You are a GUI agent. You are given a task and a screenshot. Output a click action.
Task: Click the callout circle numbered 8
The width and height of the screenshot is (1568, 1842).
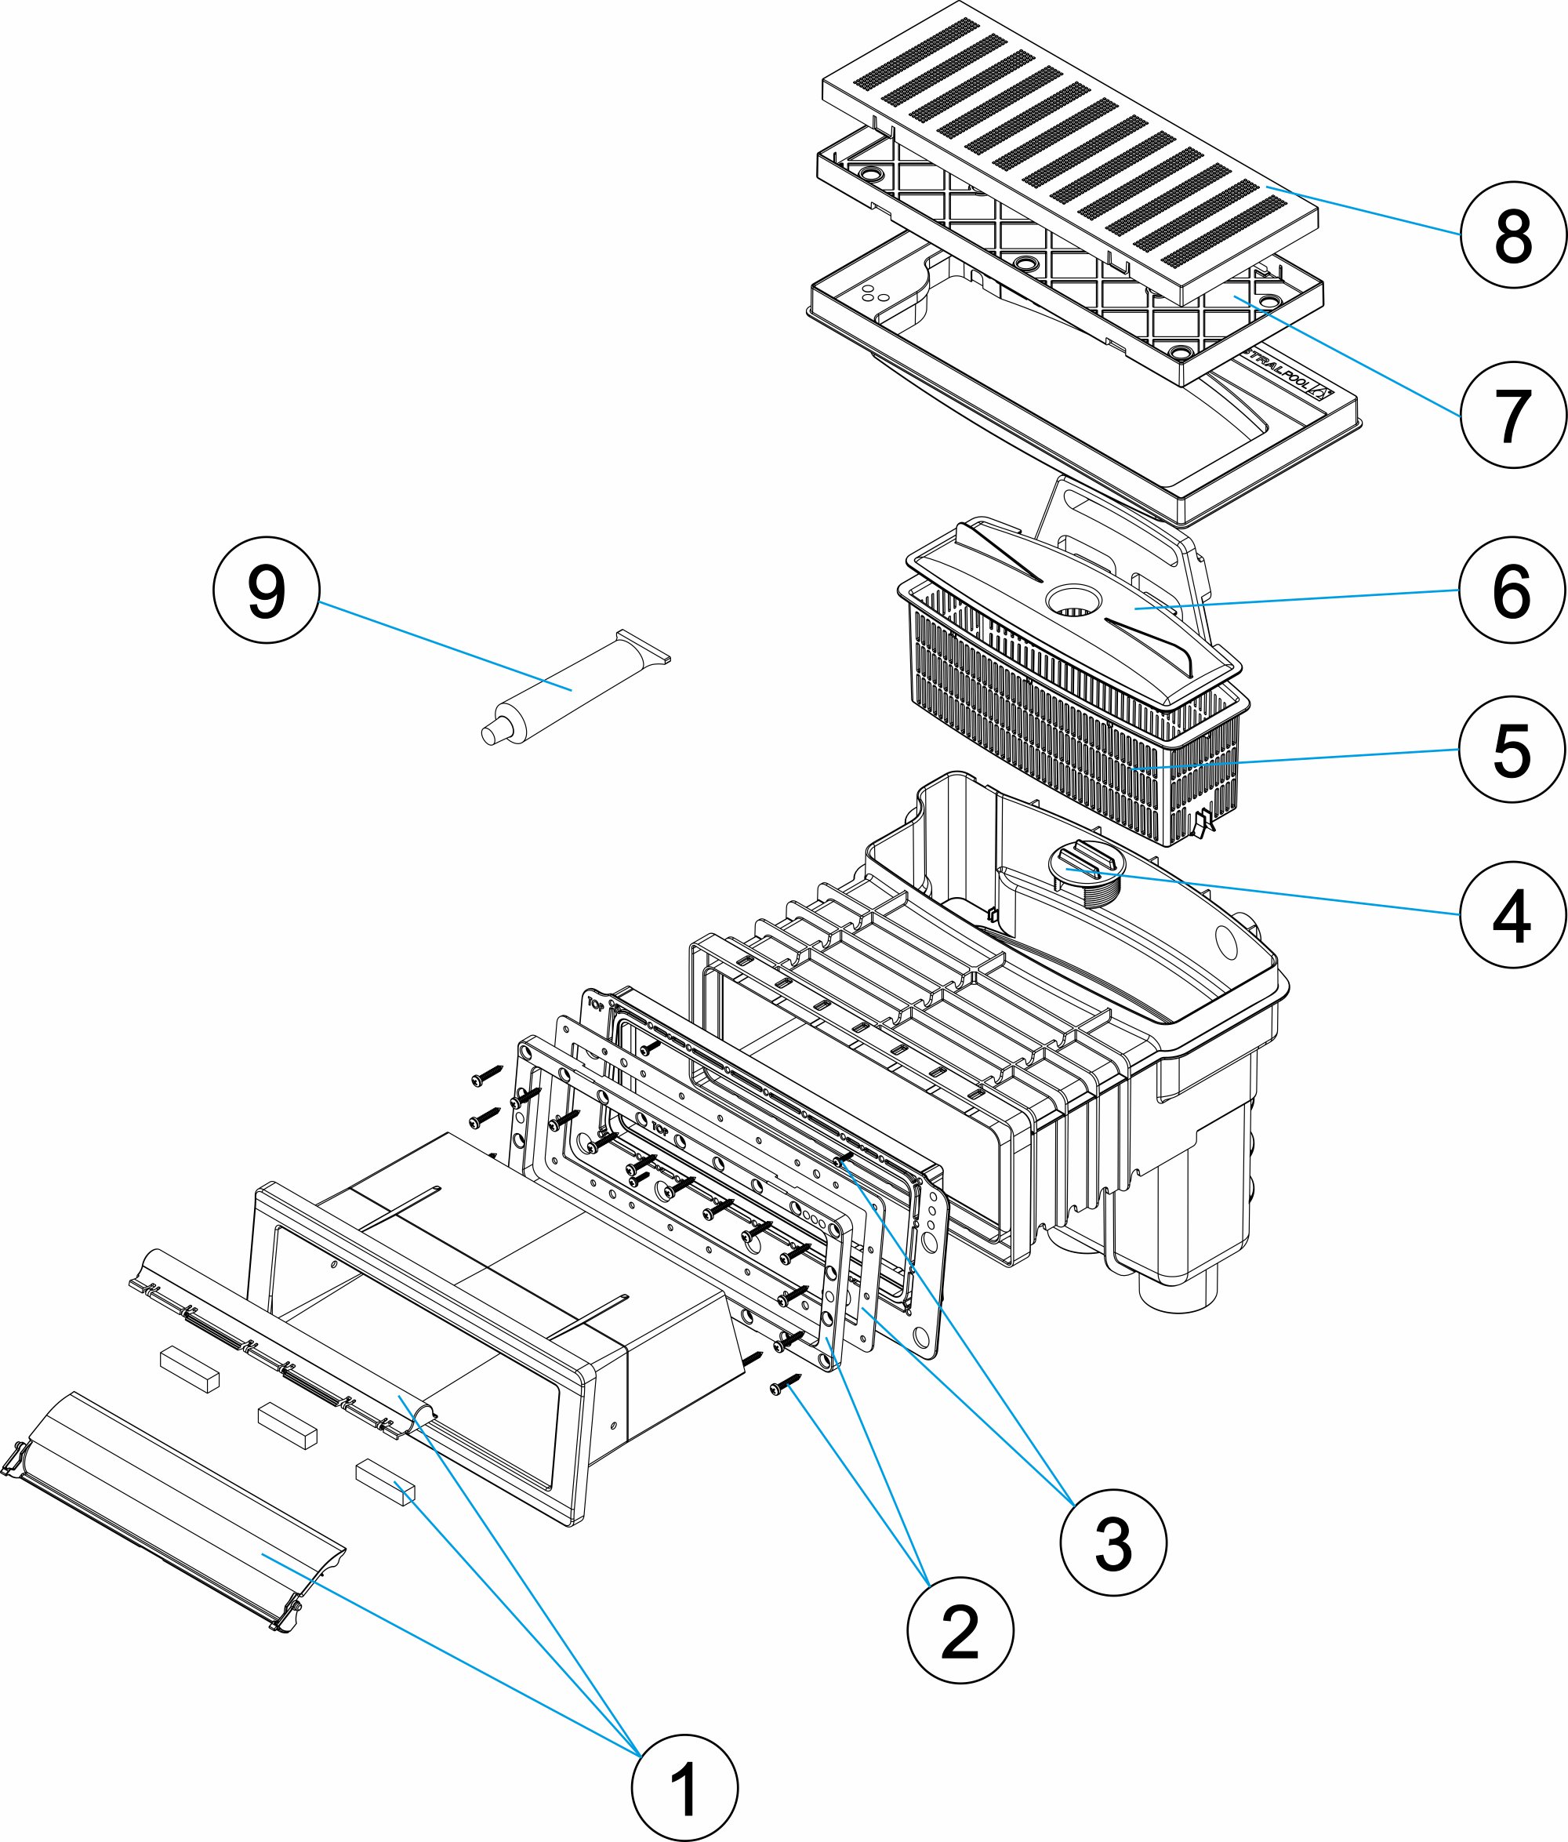[1513, 234]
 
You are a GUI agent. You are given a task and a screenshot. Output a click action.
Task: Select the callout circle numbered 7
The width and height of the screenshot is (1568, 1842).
[1513, 415]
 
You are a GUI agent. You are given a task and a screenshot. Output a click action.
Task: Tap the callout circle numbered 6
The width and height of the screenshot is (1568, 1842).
[1513, 590]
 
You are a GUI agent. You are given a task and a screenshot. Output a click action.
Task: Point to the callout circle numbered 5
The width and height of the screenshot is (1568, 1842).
[1513, 750]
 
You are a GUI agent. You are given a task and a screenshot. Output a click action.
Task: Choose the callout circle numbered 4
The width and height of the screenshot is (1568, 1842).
[1513, 915]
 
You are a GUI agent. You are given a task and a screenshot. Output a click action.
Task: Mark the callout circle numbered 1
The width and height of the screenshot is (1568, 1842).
[684, 1789]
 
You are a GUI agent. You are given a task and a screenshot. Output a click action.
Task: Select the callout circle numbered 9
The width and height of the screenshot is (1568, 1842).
[266, 590]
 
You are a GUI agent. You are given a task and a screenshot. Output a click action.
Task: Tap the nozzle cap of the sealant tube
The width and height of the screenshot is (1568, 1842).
[490, 733]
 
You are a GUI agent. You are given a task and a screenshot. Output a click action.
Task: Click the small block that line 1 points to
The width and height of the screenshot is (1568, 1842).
[385, 1481]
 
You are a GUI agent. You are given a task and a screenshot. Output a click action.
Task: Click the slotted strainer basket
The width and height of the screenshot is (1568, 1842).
[1067, 738]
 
